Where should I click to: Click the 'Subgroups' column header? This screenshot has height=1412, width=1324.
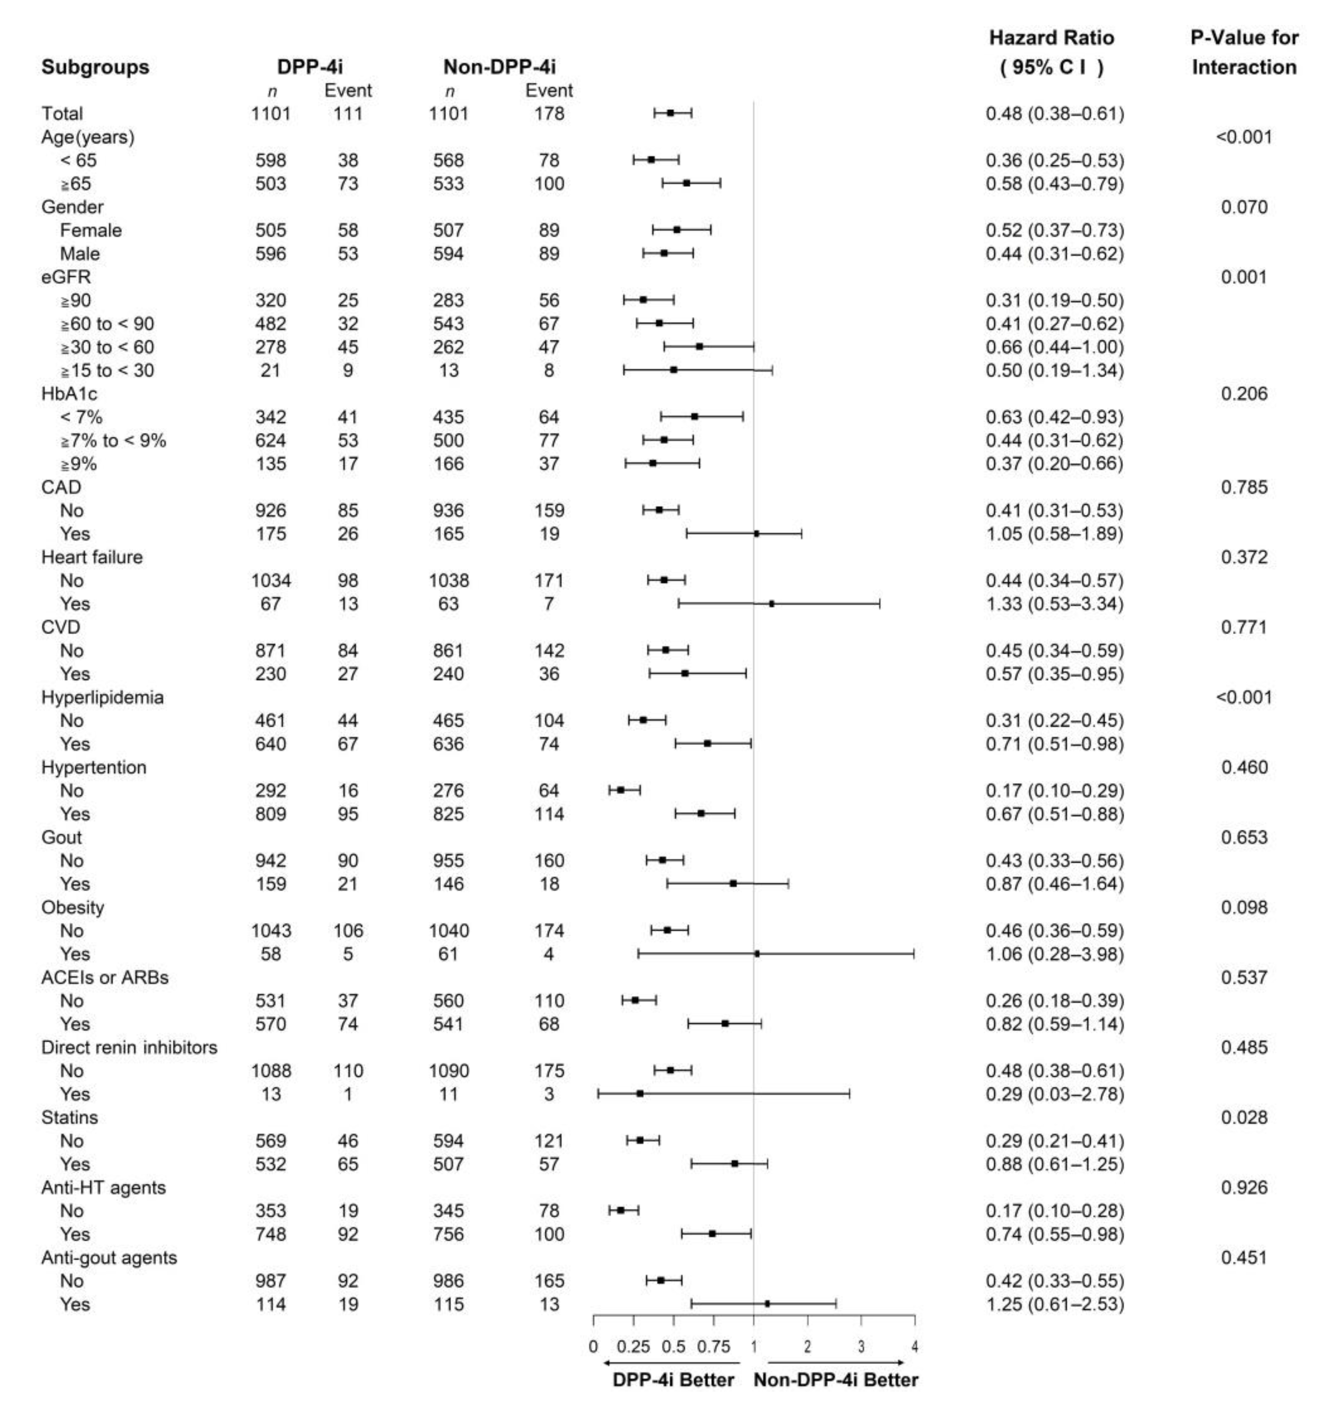pos(95,67)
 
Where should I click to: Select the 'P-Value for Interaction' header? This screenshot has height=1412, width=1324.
pos(1244,53)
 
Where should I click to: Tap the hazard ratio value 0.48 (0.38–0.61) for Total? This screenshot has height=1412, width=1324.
pos(1054,114)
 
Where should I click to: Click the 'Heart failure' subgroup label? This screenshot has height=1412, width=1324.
pos(92,557)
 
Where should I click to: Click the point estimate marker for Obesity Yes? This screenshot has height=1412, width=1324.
pos(756,954)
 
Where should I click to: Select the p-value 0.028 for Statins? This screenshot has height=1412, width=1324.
pos(1244,1117)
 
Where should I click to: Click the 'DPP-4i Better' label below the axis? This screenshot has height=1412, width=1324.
pos(673,1380)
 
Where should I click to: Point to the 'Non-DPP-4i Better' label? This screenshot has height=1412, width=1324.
pos(835,1380)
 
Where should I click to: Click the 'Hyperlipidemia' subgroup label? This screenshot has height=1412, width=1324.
pos(102,697)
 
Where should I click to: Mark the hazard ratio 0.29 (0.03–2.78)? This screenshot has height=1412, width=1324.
pos(1054,1094)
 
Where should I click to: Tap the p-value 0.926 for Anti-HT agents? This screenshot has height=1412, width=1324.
pos(1244,1187)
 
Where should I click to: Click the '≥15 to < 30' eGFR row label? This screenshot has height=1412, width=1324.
pos(106,371)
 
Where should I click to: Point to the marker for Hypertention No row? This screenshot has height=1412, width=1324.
pos(620,790)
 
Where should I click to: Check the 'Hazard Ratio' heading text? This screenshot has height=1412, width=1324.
pos(1051,37)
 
